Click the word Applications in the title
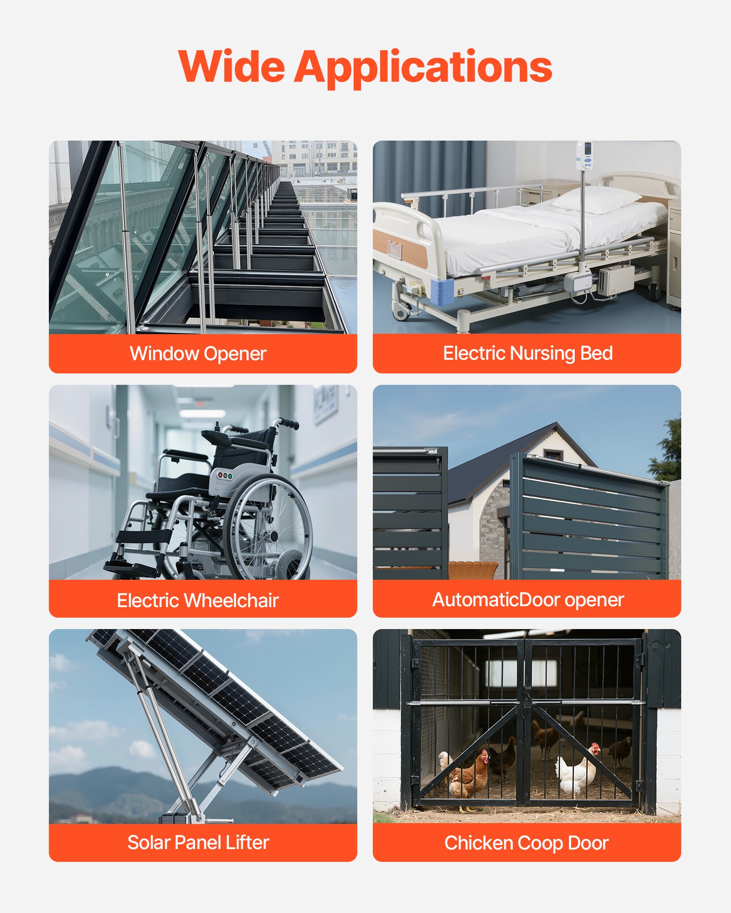pos(424,68)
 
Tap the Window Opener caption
pos(198,354)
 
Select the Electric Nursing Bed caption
pos(528,353)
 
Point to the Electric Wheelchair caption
pos(198,600)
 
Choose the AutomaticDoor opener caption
pos(528,600)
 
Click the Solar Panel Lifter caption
pos(198,843)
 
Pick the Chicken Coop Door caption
pos(526,843)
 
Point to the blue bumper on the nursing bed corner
pos(442,291)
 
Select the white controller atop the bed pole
pos(584,156)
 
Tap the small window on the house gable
pos(553,455)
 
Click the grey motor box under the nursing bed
pos(616,279)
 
